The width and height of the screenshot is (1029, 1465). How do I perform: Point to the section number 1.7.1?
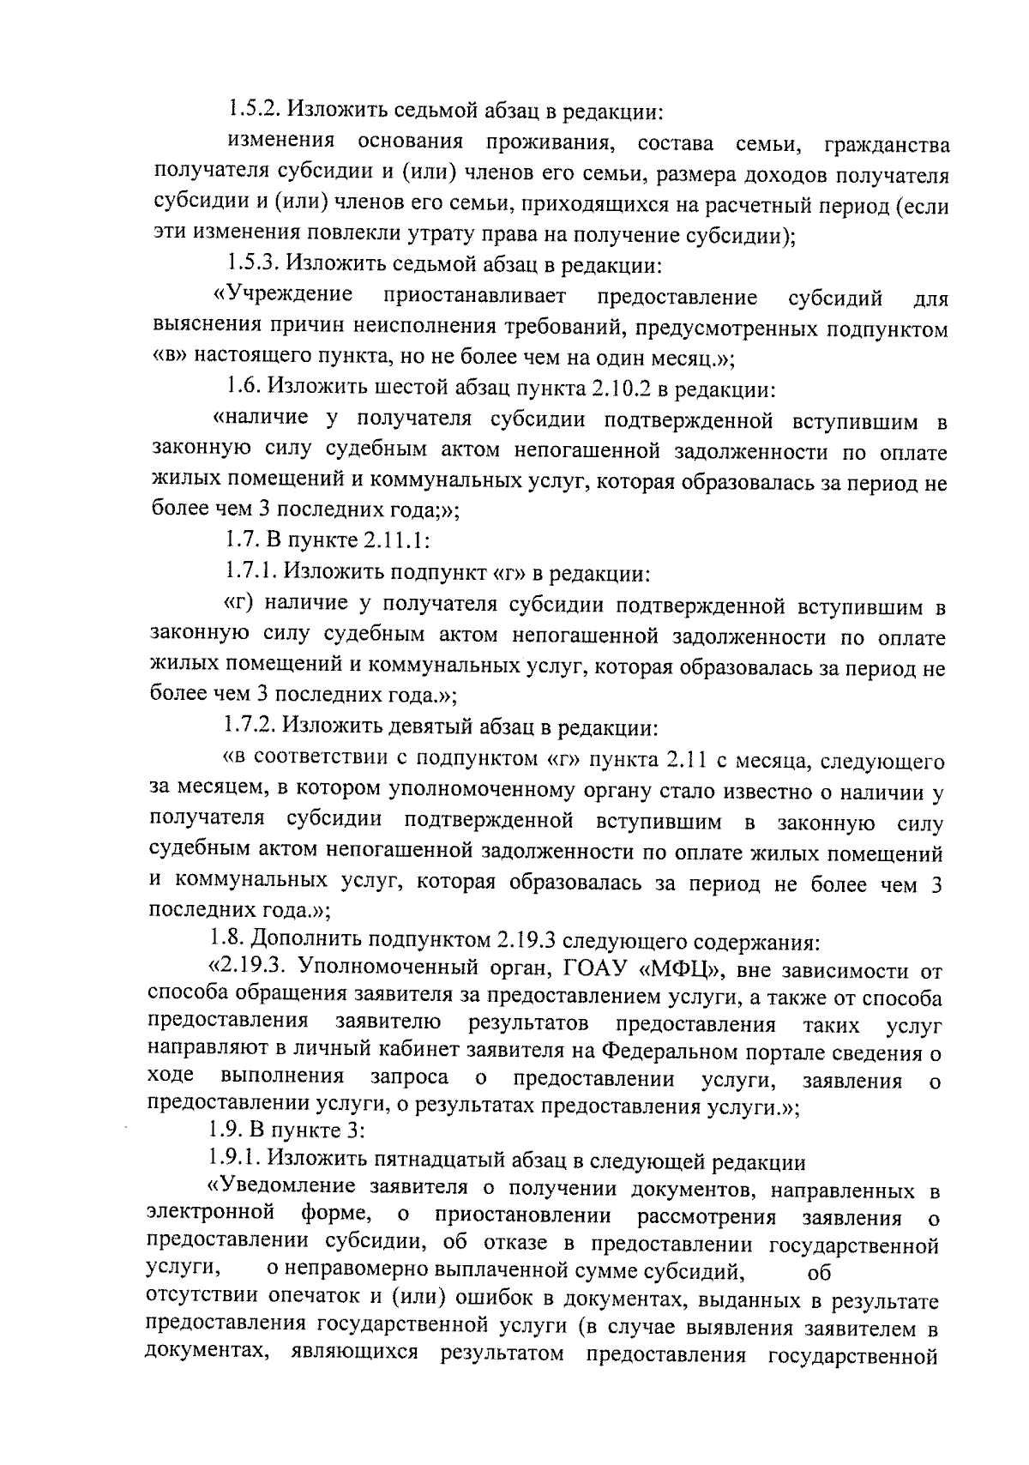(250, 570)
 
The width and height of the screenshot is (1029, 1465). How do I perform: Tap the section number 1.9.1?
(234, 1161)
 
